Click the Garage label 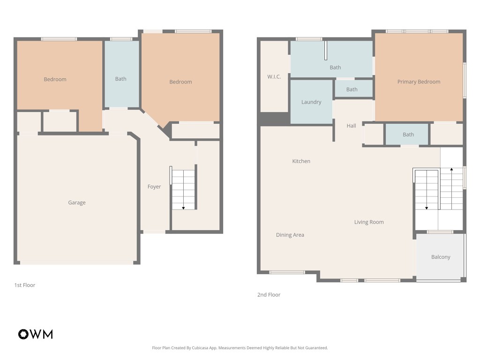click(x=77, y=202)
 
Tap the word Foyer click(x=154, y=187)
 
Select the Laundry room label click(x=311, y=102)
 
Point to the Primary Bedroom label click(x=419, y=82)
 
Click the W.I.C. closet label click(x=274, y=76)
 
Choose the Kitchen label click(x=301, y=161)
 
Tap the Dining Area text click(x=290, y=235)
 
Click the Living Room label click(x=369, y=222)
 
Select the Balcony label click(x=441, y=257)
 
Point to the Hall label click(x=351, y=126)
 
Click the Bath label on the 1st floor click(x=121, y=79)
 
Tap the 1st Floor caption click(x=24, y=285)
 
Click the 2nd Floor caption click(x=269, y=295)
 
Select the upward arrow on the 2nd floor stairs click(x=451, y=171)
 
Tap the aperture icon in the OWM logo click(x=23, y=334)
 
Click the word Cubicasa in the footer click(x=203, y=348)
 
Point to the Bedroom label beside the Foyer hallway click(x=180, y=82)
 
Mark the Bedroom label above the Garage click(x=55, y=79)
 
